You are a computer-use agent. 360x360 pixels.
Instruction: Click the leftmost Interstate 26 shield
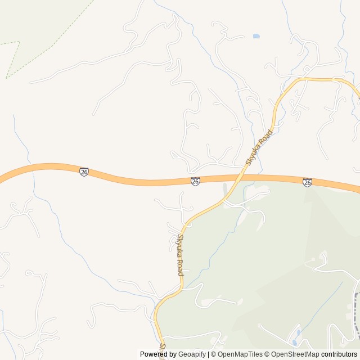84,172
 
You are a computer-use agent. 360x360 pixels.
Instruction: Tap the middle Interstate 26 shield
195,181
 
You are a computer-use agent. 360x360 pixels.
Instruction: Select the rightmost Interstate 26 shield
307,182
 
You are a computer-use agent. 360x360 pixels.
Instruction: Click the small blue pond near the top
256,36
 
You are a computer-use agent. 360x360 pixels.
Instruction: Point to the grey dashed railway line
356,315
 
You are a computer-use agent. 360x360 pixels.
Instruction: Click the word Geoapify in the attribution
192,354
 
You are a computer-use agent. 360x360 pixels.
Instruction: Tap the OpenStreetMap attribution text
295,354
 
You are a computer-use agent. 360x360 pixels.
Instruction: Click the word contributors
339,354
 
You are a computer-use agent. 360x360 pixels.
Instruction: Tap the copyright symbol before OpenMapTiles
214,354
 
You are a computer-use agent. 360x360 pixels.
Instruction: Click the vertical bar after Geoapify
208,354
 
